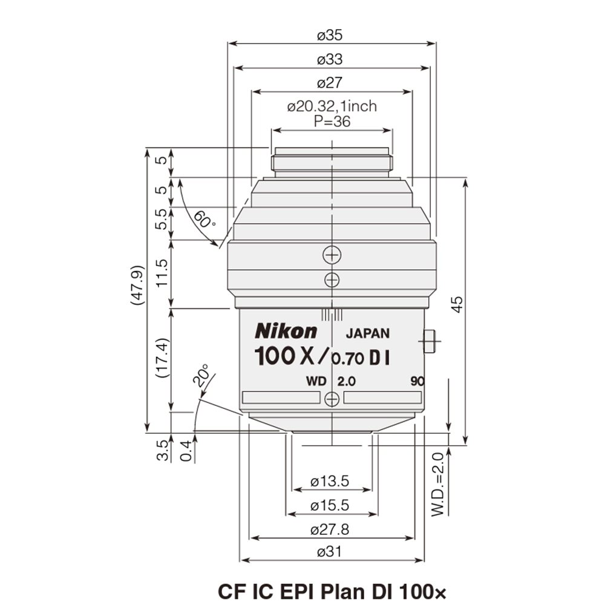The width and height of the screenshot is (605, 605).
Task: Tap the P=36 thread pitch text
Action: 332,121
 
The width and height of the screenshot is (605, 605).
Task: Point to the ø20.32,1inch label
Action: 332,106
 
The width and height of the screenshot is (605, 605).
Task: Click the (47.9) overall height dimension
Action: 138,290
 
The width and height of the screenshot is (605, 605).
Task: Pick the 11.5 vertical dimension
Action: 162,273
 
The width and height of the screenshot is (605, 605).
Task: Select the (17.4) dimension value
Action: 162,358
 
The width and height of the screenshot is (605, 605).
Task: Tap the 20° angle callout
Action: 201,376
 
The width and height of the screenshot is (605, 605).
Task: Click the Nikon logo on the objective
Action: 286,331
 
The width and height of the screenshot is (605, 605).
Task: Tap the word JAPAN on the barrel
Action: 367,333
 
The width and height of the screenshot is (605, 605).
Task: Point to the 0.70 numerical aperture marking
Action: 347,359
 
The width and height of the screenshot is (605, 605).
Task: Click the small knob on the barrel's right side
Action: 430,341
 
